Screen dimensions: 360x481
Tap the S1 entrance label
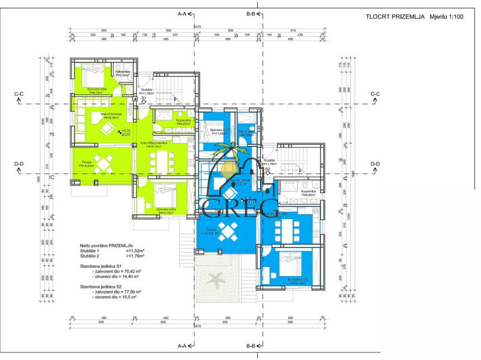[x=143, y=98]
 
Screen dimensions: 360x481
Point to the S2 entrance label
[x=267, y=168]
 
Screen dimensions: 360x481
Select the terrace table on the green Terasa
[x=104, y=163]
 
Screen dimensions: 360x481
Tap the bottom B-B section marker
[x=252, y=346]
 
